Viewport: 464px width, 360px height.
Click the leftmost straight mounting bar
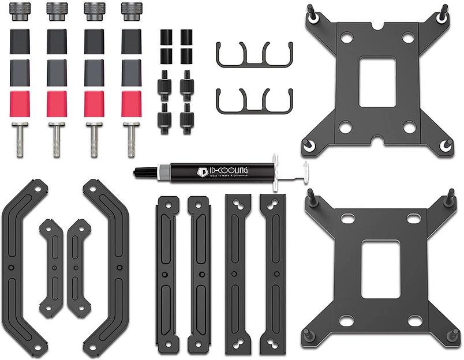(166, 273)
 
